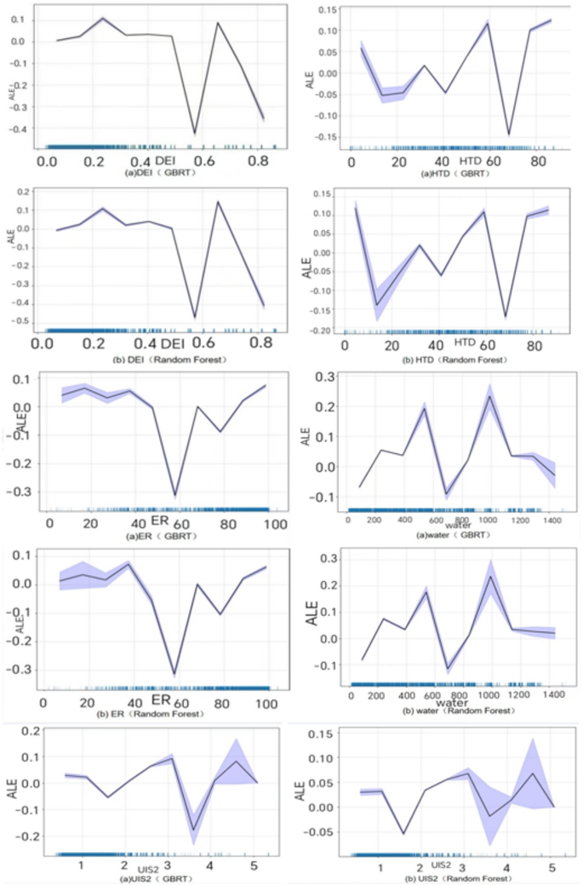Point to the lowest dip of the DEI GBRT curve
coord(195,134)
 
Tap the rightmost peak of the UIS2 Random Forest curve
coord(533,774)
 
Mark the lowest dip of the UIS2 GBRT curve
coord(194,830)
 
